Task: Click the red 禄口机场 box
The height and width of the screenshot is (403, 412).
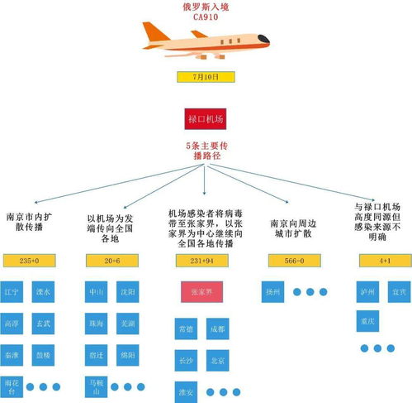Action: pos(206,118)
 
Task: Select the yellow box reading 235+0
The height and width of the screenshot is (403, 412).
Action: pos(30,261)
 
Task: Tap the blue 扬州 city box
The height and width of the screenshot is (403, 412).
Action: pos(272,292)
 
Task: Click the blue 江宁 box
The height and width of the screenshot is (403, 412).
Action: pos(12,292)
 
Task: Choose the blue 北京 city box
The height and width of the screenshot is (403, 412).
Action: pos(216,361)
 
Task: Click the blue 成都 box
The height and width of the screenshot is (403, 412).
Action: pos(216,329)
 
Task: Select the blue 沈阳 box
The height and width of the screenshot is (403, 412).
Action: pos(125,292)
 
